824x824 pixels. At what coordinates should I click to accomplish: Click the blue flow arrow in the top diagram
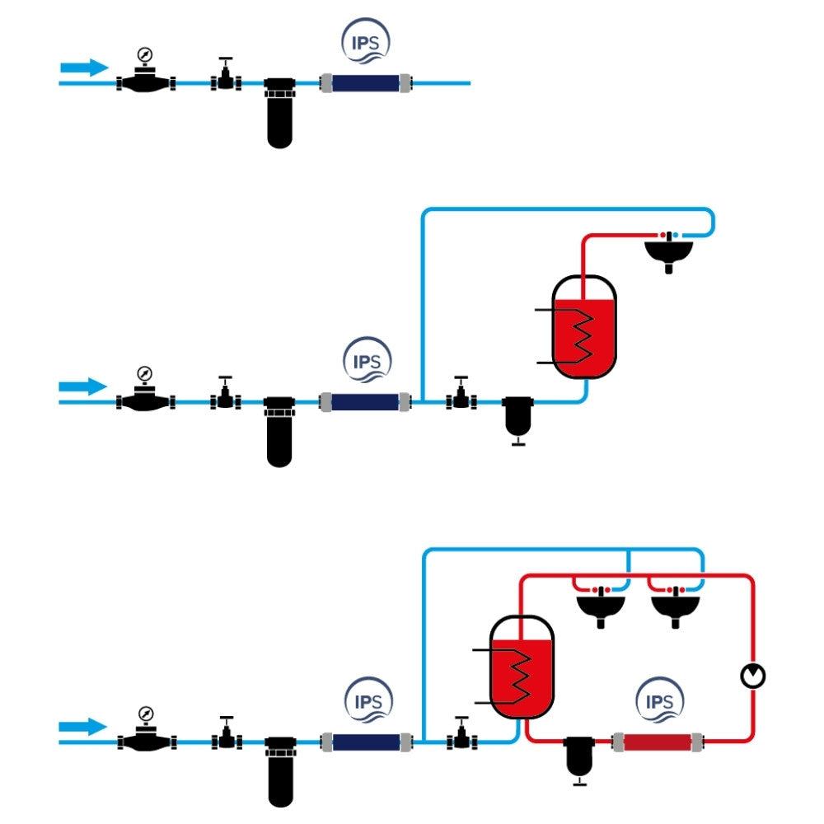click(84, 68)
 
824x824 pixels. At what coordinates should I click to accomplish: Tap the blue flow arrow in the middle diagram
click(84, 386)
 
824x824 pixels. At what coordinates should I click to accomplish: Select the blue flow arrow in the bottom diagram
click(84, 727)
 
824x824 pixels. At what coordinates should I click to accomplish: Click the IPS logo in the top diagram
click(365, 42)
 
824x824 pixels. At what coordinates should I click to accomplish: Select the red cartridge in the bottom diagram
click(658, 742)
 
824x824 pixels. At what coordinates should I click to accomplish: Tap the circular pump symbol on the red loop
click(753, 677)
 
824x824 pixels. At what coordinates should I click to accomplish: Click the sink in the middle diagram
click(668, 250)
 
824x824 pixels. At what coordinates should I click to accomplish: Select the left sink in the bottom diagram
click(601, 606)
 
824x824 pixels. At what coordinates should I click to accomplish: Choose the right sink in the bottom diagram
click(676, 606)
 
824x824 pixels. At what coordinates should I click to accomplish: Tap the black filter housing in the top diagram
click(280, 112)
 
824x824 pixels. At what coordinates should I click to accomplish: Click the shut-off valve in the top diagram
click(225, 77)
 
